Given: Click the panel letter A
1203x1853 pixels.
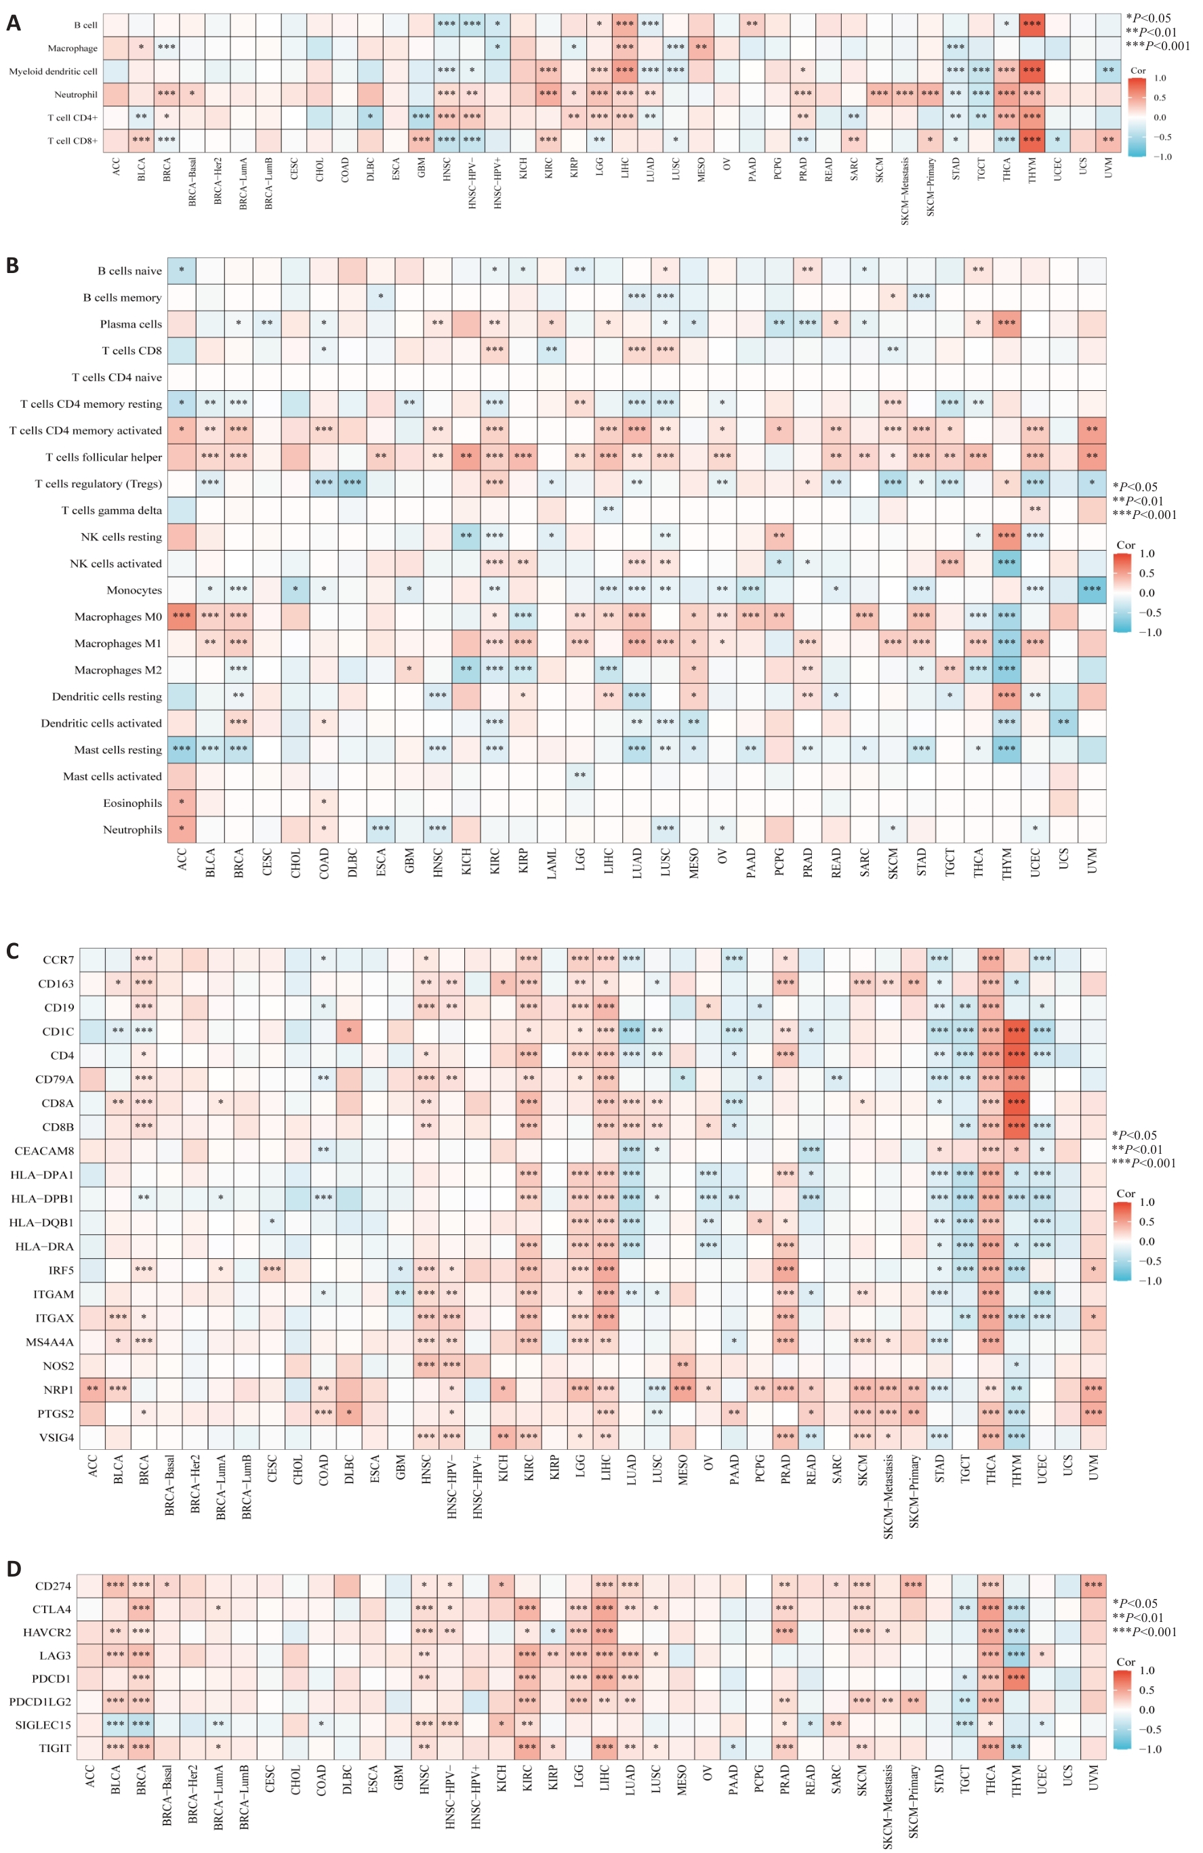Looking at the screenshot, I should coord(14,23).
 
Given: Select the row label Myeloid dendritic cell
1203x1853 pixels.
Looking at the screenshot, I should coord(53,72).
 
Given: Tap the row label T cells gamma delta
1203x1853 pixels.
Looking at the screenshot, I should coord(111,511).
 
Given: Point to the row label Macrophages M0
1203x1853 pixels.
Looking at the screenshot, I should coord(117,617).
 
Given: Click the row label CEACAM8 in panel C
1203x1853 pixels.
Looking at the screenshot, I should coord(44,1150).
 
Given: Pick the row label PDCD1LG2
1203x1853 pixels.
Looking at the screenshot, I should coord(40,1702).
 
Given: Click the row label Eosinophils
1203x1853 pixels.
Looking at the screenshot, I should coord(132,804).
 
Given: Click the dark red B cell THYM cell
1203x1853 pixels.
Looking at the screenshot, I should coord(1032,24).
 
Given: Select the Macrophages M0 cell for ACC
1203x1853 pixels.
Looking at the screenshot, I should coord(182,616).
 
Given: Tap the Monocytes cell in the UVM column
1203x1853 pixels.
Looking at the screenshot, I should coord(1092,589).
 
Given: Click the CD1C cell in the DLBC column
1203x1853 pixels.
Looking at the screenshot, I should coord(350,1030).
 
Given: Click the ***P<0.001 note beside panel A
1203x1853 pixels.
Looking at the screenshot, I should coord(1157,46).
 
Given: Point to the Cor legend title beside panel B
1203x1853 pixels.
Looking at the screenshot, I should coord(1125,545).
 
